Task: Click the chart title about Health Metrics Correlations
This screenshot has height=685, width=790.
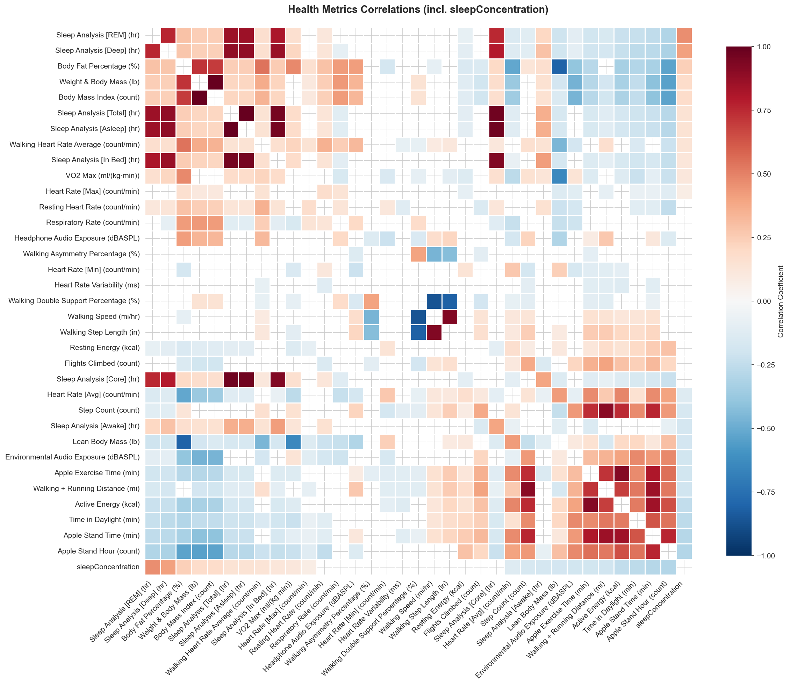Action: tap(418, 10)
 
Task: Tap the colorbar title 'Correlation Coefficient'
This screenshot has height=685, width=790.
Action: tap(781, 301)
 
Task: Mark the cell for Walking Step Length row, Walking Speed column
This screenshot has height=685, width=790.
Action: tap(434, 333)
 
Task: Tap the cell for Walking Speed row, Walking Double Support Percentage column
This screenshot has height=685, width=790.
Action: tap(418, 317)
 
